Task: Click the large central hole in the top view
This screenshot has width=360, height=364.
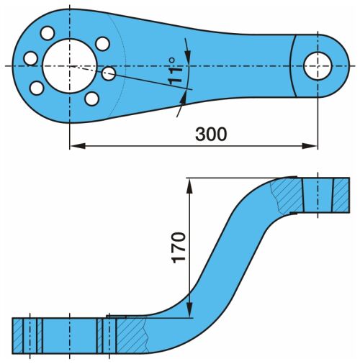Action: coord(70,66)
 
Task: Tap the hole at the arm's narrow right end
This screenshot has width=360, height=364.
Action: coord(318,65)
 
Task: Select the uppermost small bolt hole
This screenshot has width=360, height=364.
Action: coord(48,33)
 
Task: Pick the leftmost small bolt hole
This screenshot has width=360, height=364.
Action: coord(31,58)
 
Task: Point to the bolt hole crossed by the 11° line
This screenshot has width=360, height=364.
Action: coord(109,73)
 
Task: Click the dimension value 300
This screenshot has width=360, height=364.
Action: coord(211,134)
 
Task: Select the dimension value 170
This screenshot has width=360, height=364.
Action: coord(179,247)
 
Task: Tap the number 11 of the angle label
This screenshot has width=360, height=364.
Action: coord(175,76)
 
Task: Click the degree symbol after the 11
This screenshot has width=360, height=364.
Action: coord(172,60)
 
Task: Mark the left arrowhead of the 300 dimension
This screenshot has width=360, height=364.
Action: coord(78,146)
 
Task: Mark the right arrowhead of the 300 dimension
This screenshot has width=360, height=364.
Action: coord(310,146)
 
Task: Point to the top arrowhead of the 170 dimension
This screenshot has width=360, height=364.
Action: coord(189,186)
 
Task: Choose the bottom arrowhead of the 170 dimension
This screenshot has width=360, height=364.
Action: coord(189,310)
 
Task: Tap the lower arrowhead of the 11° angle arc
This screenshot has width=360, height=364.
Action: coord(183,99)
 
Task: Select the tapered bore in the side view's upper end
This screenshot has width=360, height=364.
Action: coord(318,195)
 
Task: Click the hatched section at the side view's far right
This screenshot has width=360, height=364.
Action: coord(341,195)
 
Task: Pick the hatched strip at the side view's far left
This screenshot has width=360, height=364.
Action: coord(18,336)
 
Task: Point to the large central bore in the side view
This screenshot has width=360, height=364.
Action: coord(70,336)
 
